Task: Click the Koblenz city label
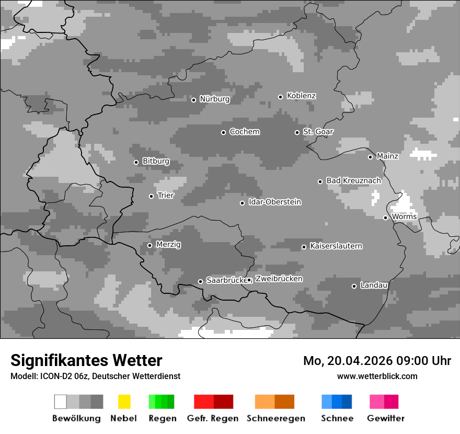coord(301,96)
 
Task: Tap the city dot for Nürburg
coord(193,100)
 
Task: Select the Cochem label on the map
coord(244,132)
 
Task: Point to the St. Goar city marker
coord(297,132)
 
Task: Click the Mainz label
coord(387,156)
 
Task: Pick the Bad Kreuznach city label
coord(353,180)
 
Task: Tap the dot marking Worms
coord(385,218)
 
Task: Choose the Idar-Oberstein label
coord(274,202)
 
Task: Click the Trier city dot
coord(151,196)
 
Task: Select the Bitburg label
coord(156,161)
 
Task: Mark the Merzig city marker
coord(149,245)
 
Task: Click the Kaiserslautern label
coord(336,246)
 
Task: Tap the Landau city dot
coord(354,286)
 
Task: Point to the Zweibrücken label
coord(279,279)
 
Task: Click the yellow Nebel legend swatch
coord(124,402)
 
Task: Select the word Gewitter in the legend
coord(385,418)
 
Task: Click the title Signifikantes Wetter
coord(86,360)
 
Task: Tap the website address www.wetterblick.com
coord(377,376)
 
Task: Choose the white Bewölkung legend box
coord(61,402)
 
